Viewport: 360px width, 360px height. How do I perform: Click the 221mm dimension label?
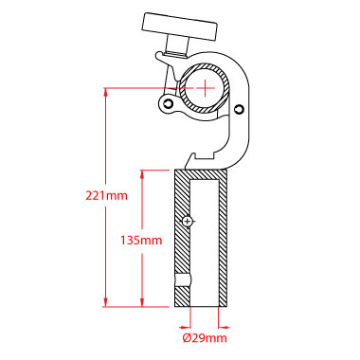107,196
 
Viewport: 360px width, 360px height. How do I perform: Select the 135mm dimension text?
141,241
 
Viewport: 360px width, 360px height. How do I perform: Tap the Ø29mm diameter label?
205,338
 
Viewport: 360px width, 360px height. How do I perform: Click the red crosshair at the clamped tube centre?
205,88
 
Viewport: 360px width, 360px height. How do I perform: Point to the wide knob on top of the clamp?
181,27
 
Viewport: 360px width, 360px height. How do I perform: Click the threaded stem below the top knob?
177,45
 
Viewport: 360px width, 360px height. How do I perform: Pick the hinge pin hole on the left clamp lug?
169,103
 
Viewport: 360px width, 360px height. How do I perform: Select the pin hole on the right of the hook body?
240,109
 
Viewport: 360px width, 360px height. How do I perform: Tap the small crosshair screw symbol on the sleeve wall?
188,222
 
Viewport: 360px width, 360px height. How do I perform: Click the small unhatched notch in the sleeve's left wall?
183,280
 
